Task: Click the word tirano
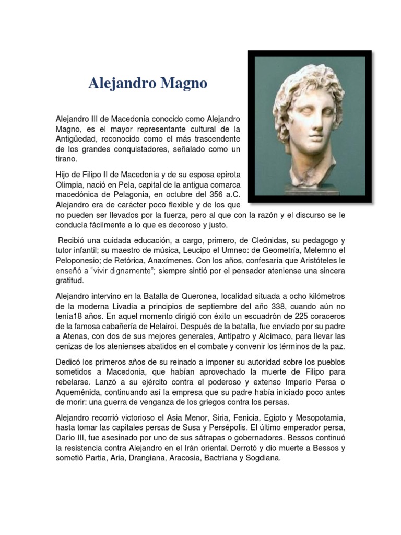[x=66, y=159]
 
